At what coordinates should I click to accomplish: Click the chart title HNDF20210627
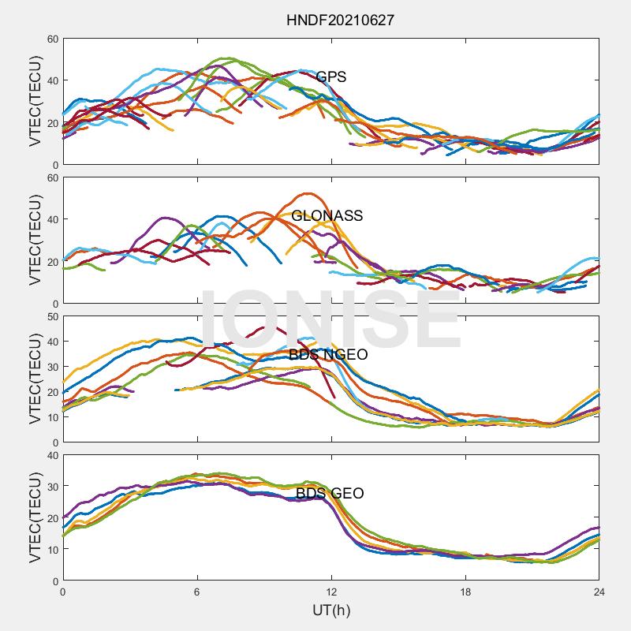pyautogui.click(x=340, y=20)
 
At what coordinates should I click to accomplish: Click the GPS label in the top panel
pyautogui.click(x=331, y=77)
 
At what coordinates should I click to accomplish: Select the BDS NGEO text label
pyautogui.click(x=328, y=355)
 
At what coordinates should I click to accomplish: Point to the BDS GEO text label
pyautogui.click(x=330, y=494)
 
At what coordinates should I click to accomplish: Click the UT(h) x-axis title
pyautogui.click(x=331, y=610)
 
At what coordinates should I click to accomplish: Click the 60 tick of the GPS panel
pyautogui.click(x=52, y=39)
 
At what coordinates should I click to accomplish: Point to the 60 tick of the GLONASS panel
pyautogui.click(x=52, y=177)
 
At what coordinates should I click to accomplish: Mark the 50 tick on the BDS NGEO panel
pyautogui.click(x=52, y=316)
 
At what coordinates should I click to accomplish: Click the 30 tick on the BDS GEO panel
pyautogui.click(x=52, y=487)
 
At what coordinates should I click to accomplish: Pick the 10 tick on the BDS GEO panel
pyautogui.click(x=52, y=550)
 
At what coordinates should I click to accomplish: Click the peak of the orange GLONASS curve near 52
pyautogui.click(x=306, y=193)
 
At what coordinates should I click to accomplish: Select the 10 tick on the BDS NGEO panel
pyautogui.click(x=52, y=417)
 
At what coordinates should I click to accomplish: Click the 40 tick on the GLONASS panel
pyautogui.click(x=52, y=219)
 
